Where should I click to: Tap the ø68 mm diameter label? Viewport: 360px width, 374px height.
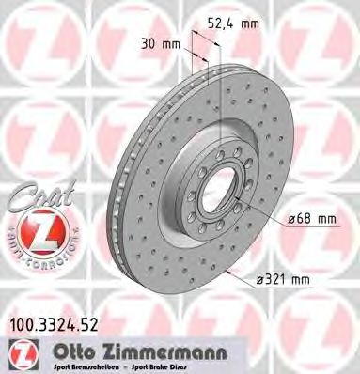coord(309,220)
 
